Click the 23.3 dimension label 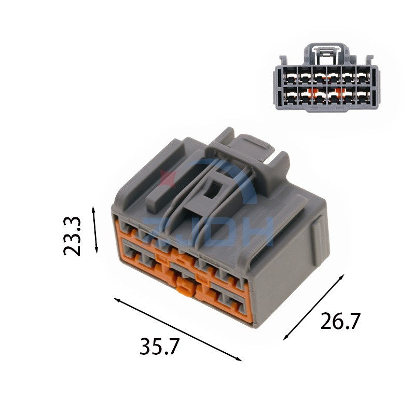tap(72, 236)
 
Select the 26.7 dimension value tap(340, 321)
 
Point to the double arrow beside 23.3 tap(95, 230)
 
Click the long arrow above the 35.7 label tap(178, 329)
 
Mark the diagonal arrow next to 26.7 tap(314, 307)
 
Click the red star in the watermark tap(168, 178)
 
